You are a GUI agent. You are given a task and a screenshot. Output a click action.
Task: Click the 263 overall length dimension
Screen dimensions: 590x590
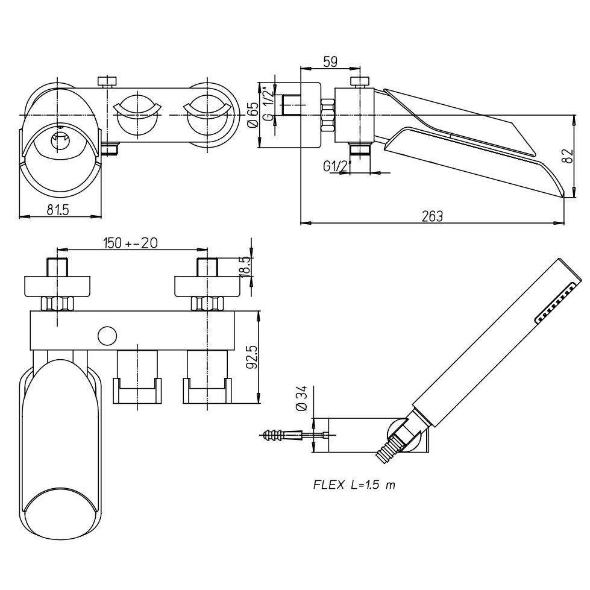(432, 216)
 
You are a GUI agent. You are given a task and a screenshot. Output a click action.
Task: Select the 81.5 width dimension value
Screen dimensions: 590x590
(58, 209)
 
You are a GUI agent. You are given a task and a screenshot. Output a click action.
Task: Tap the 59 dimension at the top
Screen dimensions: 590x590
(330, 61)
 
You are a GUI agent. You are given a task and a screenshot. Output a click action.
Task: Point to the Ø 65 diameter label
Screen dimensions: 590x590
(254, 115)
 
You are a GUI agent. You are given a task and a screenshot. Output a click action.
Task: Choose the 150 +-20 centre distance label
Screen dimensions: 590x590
(130, 243)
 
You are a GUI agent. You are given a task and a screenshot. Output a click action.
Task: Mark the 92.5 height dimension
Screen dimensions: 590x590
(253, 357)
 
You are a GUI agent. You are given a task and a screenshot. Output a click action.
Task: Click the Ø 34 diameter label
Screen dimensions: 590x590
(302, 398)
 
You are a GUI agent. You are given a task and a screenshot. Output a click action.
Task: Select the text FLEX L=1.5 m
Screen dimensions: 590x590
(354, 485)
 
